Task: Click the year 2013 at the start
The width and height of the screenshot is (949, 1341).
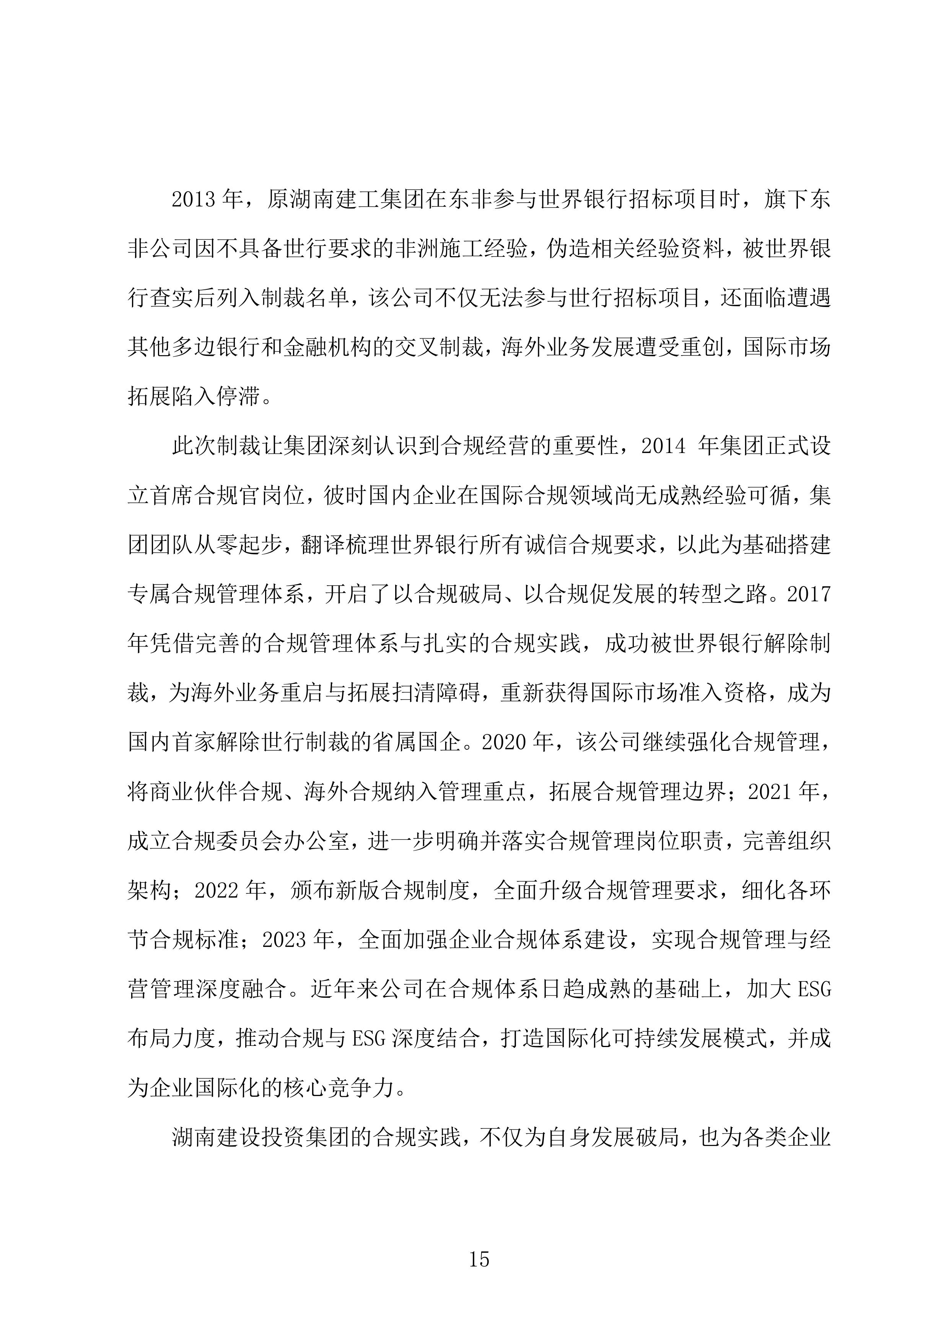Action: click(196, 200)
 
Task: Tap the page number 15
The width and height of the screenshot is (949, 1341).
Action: click(479, 1259)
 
